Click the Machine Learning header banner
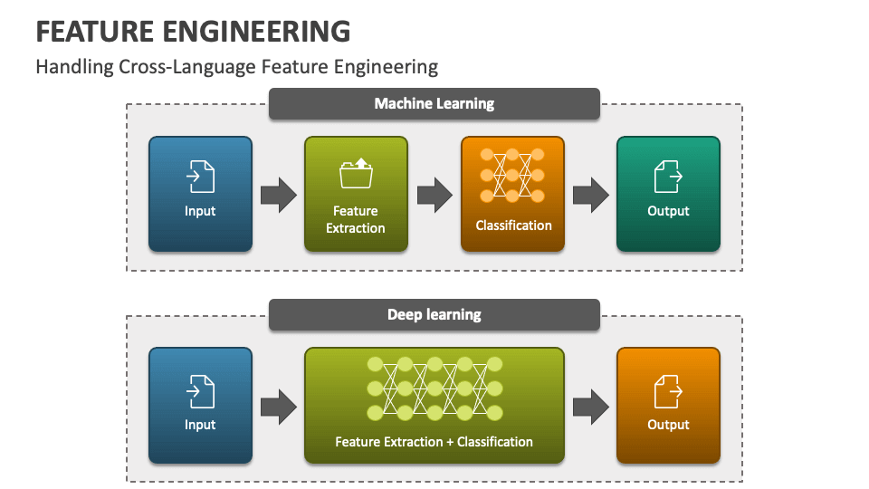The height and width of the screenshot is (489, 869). [434, 103]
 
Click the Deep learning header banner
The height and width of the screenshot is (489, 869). [434, 314]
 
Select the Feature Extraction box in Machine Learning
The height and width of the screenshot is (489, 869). [356, 194]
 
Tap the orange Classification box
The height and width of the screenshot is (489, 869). [512, 194]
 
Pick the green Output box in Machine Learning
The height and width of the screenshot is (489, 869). [668, 194]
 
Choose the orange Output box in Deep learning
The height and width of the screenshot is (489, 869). [668, 406]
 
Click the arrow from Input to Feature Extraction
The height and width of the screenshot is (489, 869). [279, 196]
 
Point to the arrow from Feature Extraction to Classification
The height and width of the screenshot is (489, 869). [435, 196]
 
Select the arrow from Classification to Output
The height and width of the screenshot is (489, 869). [591, 196]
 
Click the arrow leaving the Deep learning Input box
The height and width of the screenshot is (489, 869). [279, 407]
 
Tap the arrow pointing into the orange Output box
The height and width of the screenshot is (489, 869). [591, 407]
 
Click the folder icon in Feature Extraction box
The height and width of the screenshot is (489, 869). [356, 174]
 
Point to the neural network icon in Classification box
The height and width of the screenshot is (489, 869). [512, 175]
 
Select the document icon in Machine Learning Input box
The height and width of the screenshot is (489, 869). [200, 177]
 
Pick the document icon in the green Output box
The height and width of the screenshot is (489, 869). [668, 177]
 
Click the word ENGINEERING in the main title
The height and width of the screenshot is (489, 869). [256, 32]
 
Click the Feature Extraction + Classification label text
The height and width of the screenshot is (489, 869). [434, 442]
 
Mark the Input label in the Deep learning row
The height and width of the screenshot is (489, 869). [200, 426]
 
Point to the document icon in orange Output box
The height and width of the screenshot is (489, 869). [668, 391]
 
